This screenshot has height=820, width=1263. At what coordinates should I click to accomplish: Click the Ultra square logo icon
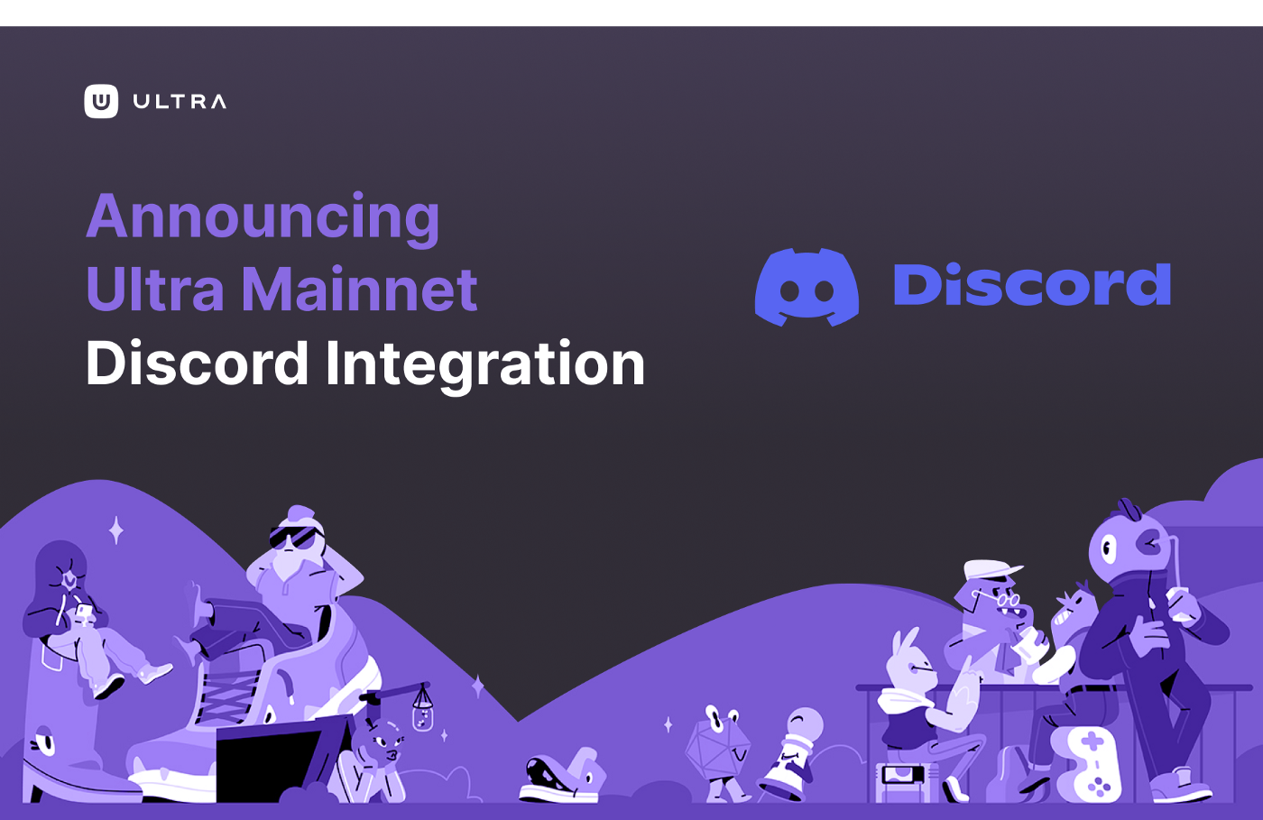101,102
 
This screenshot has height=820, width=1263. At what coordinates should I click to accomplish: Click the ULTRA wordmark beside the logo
180,102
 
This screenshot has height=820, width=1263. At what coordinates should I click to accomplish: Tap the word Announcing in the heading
263,217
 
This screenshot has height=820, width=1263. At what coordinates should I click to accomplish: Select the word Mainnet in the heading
360,289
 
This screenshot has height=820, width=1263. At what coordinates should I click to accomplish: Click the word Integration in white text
485,364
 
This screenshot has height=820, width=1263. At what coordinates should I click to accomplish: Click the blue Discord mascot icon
807,287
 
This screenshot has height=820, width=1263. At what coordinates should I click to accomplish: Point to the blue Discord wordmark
1032,284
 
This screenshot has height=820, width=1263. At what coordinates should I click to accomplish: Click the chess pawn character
792,754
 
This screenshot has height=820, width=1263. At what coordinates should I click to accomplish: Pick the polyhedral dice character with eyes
718,743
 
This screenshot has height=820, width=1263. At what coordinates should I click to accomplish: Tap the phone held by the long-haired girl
83,611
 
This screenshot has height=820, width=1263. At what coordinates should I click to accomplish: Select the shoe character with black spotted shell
562,776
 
